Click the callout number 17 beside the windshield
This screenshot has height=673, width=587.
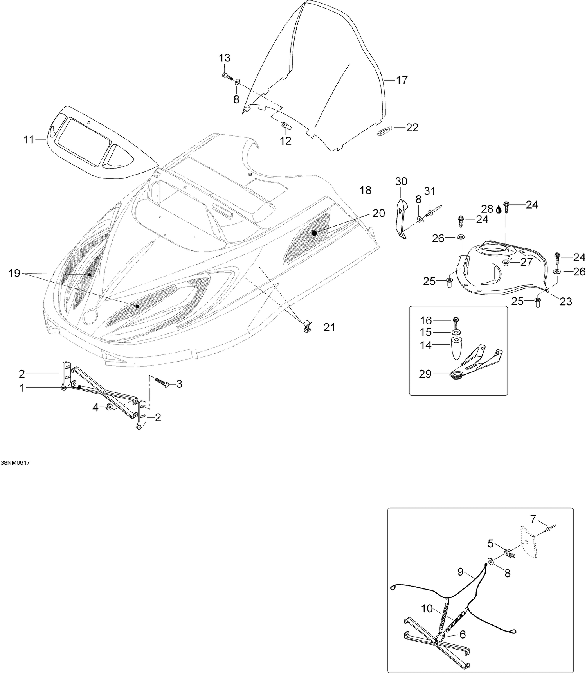click(402, 80)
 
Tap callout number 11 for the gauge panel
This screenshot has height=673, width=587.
click(29, 139)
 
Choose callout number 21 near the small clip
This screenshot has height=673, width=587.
click(329, 327)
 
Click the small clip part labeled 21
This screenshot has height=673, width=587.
click(307, 324)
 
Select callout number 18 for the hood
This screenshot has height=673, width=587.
click(365, 191)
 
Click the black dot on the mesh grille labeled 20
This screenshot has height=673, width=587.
click(314, 233)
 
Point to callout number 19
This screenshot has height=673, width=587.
click(14, 273)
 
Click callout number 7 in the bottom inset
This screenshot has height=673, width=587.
click(533, 520)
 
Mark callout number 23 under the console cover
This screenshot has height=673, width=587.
click(566, 301)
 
